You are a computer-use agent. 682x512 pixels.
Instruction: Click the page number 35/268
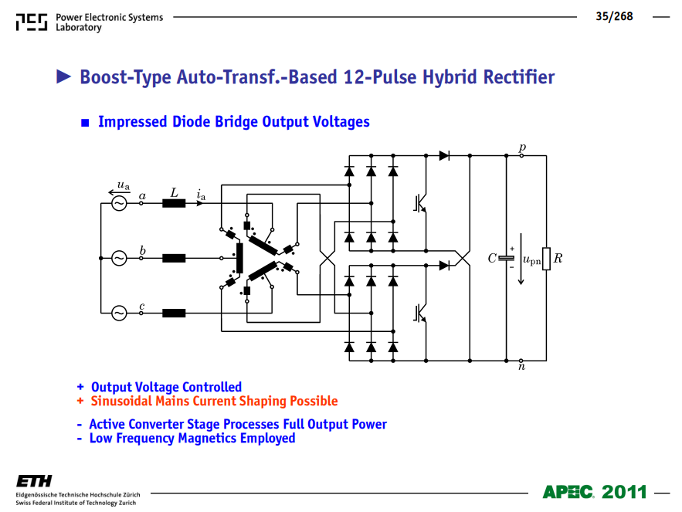pos(614,16)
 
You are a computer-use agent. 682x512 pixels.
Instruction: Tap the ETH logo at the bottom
pos(34,481)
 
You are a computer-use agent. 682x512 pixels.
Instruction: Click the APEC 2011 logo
pos(595,492)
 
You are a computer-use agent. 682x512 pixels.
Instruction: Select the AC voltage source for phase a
pos(119,203)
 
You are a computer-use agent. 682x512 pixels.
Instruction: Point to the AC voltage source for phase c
pos(119,313)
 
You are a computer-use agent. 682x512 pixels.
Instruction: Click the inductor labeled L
pos(174,203)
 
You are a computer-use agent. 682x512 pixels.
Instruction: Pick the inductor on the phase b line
pos(174,258)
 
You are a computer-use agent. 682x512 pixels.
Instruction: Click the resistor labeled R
pos(546,259)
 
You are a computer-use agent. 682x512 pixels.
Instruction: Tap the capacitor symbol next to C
pos(506,258)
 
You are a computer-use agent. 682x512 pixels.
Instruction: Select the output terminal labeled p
pos(521,155)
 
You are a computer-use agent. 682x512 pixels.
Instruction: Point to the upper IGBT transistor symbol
pos(420,203)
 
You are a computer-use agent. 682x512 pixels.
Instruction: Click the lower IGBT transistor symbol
pos(420,314)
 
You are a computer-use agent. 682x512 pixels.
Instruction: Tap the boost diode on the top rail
pos(444,155)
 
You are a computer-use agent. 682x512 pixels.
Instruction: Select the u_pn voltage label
pos(531,260)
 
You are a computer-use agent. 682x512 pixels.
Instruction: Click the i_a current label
pos(201,195)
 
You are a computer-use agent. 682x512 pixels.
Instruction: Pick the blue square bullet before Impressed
pos(85,123)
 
